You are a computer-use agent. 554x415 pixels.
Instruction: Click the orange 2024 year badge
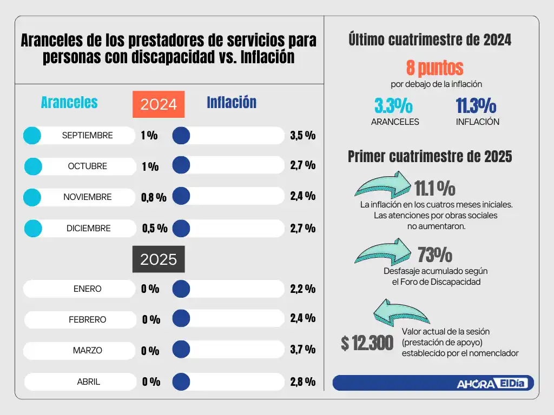(159, 104)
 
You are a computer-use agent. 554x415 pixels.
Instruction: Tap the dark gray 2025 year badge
(159, 259)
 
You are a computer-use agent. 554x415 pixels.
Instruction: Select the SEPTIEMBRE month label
(87, 136)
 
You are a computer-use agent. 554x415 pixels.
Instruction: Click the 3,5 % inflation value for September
(302, 136)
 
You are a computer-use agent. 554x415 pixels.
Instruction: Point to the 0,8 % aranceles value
(154, 198)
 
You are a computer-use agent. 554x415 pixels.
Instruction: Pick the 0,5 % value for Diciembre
(154, 229)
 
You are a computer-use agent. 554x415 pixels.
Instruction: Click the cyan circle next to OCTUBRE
(33, 166)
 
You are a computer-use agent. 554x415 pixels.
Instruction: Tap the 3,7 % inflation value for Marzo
(302, 350)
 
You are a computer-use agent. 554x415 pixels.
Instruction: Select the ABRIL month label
(88, 381)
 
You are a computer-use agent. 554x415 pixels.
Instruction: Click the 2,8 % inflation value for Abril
(302, 381)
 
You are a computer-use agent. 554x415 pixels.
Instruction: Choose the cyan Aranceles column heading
(69, 103)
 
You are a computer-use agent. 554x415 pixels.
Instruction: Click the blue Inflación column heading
(232, 103)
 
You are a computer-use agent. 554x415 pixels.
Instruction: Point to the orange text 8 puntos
(434, 68)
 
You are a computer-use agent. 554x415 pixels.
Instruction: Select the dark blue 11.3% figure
(476, 106)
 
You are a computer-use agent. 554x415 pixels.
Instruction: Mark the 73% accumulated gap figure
(434, 255)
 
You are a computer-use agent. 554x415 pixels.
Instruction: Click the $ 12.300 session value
(367, 343)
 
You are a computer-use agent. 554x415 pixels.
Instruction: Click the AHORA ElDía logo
(493, 383)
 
